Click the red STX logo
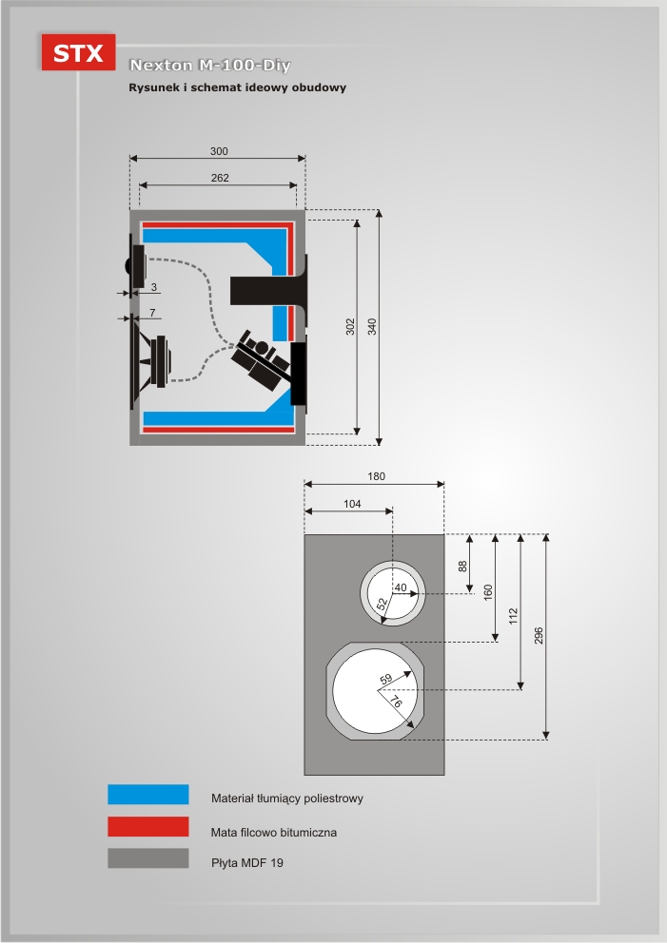78,52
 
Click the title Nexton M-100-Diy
209,66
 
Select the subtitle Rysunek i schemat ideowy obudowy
237,87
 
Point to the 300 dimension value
219,151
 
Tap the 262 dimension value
219,177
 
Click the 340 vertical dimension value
372,326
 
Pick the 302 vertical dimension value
349,326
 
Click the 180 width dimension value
376,476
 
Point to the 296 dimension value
539,636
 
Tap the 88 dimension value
463,565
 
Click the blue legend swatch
147,795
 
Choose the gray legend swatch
147,858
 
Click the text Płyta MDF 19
247,863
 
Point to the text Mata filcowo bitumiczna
274,832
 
